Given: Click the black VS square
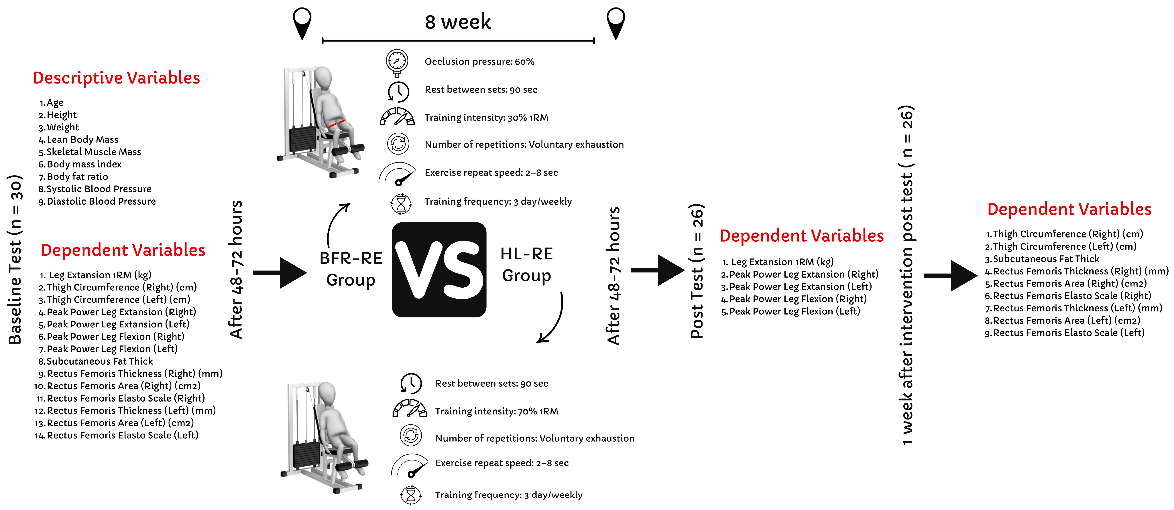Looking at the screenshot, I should pos(439,270).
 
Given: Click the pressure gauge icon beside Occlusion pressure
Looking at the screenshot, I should pos(397,62).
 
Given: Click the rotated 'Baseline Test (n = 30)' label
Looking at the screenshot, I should pos(15,260).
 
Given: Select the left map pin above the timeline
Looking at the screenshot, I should pos(302,23).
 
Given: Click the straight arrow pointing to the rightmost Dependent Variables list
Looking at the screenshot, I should pos(950,276).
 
